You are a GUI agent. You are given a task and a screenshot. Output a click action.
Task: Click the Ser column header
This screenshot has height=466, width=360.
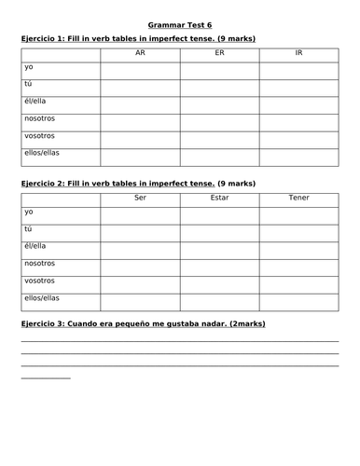click(140, 199)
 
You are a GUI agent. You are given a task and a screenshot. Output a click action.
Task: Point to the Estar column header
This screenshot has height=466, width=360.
click(219, 199)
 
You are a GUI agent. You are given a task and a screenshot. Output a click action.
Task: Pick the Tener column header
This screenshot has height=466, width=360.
click(298, 199)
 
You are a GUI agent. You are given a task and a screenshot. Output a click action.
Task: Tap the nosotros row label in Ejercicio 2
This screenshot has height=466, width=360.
click(40, 264)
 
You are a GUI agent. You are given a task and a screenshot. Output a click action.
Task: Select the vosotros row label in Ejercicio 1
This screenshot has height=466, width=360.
click(40, 136)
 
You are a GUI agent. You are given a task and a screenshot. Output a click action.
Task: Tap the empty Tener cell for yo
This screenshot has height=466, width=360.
click(298, 214)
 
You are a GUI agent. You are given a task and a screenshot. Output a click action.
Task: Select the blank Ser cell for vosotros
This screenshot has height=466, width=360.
click(140, 281)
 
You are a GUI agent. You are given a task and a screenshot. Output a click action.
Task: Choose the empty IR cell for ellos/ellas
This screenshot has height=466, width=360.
click(298, 156)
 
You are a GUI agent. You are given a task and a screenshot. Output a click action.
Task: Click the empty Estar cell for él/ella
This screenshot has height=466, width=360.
click(219, 248)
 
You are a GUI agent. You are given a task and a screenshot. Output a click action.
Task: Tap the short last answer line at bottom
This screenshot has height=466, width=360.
click(45, 378)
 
